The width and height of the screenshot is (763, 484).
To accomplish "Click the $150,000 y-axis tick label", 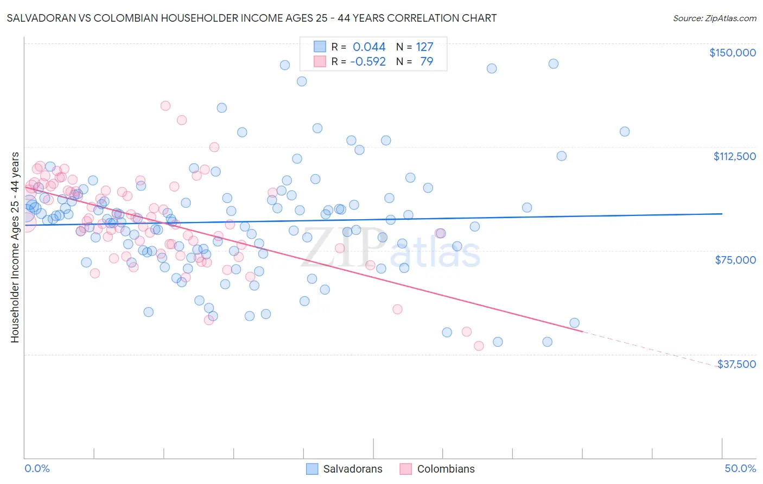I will pyautogui.click(x=732, y=53).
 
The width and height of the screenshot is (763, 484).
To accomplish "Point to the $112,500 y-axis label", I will pyautogui.click(x=734, y=156).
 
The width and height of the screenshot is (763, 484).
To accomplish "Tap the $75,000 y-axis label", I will pyautogui.click(x=735, y=260).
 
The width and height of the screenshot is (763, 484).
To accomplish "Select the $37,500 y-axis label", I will pyautogui.click(x=736, y=364).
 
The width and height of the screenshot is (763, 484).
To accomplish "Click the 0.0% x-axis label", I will pyautogui.click(x=37, y=468).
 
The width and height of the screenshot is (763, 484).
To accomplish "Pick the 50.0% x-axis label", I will pyautogui.click(x=740, y=468).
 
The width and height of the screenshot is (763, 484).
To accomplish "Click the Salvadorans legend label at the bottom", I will pyautogui.click(x=353, y=469).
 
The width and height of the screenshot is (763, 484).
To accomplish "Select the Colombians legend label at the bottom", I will pyautogui.click(x=446, y=469).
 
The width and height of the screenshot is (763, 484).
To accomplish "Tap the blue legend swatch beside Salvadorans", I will pyautogui.click(x=312, y=469).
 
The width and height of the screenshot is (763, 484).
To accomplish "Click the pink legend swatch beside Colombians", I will pyautogui.click(x=405, y=469).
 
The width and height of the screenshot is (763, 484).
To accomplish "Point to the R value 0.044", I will pyautogui.click(x=369, y=47).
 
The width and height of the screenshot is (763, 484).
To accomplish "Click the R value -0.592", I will pyautogui.click(x=368, y=61).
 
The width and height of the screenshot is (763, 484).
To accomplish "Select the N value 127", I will pyautogui.click(x=424, y=47).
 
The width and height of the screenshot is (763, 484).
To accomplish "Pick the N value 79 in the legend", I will pyautogui.click(x=427, y=61).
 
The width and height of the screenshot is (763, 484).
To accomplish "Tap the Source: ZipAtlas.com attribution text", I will pyautogui.click(x=714, y=18).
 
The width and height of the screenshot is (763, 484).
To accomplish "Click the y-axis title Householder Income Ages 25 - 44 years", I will pyautogui.click(x=15, y=247).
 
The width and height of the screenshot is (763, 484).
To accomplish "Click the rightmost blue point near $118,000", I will pyautogui.click(x=625, y=131).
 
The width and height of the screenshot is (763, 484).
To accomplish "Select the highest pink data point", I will pyautogui.click(x=166, y=106).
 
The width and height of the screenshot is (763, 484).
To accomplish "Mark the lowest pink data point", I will pyautogui.click(x=479, y=346).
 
